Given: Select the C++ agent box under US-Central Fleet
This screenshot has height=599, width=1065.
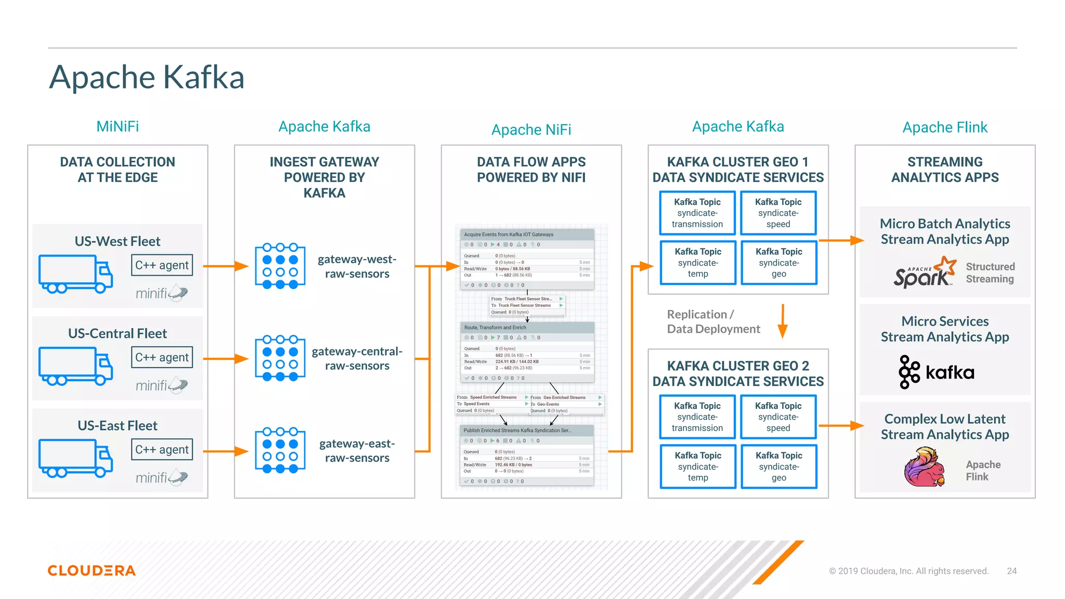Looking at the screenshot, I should pyautogui.click(x=162, y=357).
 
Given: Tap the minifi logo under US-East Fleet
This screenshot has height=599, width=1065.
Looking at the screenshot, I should pyautogui.click(x=161, y=477).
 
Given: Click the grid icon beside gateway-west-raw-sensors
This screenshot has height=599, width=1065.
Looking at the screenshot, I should pyautogui.click(x=280, y=266).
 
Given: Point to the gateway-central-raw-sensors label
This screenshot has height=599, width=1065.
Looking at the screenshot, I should pyautogui.click(x=357, y=358).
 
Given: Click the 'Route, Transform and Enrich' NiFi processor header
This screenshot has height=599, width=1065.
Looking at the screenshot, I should pyautogui.click(x=527, y=328).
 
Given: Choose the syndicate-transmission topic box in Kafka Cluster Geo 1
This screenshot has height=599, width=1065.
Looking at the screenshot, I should pyautogui.click(x=697, y=213).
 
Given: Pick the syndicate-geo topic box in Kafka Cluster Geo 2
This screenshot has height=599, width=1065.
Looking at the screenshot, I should pyautogui.click(x=778, y=466).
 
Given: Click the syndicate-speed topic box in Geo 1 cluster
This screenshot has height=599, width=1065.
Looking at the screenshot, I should pyautogui.click(x=778, y=213).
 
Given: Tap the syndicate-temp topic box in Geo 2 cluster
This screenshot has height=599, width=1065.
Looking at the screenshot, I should pyautogui.click(x=698, y=466).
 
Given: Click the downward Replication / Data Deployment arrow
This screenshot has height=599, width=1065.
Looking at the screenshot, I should pyautogui.click(x=783, y=321).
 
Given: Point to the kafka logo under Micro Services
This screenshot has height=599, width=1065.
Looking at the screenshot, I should pyautogui.click(x=936, y=372).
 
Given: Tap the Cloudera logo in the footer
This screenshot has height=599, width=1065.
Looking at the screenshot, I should pyautogui.click(x=92, y=570).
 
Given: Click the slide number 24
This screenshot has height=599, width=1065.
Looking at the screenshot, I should pyautogui.click(x=1011, y=571).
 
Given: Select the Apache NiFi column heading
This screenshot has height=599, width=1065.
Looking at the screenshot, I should pyautogui.click(x=531, y=129).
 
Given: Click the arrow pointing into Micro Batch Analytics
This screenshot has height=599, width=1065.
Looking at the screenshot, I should pyautogui.click(x=841, y=240).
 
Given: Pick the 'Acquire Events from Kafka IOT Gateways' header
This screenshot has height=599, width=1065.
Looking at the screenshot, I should pyautogui.click(x=527, y=235).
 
